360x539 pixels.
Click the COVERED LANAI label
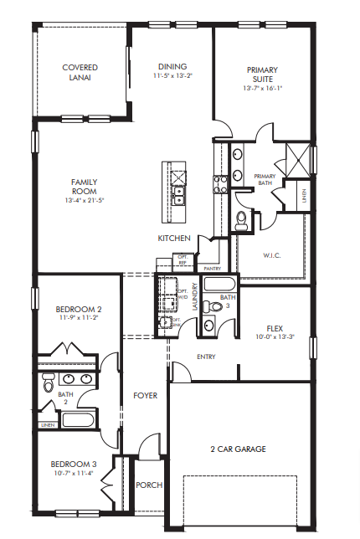(x=80, y=72)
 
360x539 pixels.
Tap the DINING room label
(x=172, y=67)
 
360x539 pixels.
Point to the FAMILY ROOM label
(x=85, y=186)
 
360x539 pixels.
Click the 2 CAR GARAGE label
(x=238, y=449)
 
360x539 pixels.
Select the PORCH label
(x=148, y=485)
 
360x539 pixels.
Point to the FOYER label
(x=146, y=395)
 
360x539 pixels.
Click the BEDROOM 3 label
(x=74, y=465)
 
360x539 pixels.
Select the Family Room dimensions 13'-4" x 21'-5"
(x=85, y=201)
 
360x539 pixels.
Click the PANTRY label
(x=212, y=269)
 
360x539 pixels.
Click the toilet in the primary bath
(x=243, y=220)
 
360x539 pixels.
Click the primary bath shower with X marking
(x=296, y=157)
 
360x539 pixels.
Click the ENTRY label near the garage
(x=206, y=357)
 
